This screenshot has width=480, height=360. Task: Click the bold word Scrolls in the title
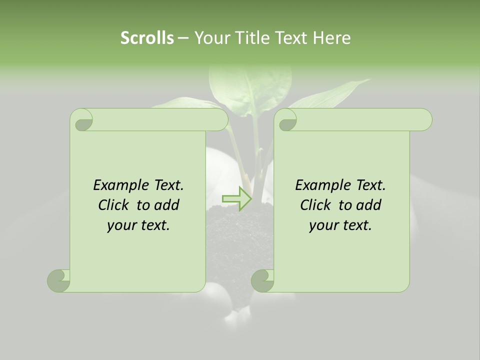[147, 37]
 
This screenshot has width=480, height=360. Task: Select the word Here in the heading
[332, 37]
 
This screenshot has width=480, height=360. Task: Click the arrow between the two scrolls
[237, 198]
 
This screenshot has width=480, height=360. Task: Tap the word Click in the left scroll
[114, 205]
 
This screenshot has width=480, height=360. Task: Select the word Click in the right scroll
[316, 205]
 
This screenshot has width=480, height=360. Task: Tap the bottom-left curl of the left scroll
[59, 280]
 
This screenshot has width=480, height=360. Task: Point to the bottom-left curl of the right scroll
[263, 280]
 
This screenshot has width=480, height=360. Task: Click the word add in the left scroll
[167, 205]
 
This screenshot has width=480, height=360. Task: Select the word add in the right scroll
[369, 205]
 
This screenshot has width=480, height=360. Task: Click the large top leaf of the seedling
[250, 85]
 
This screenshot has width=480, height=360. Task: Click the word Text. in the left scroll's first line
[168, 185]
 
